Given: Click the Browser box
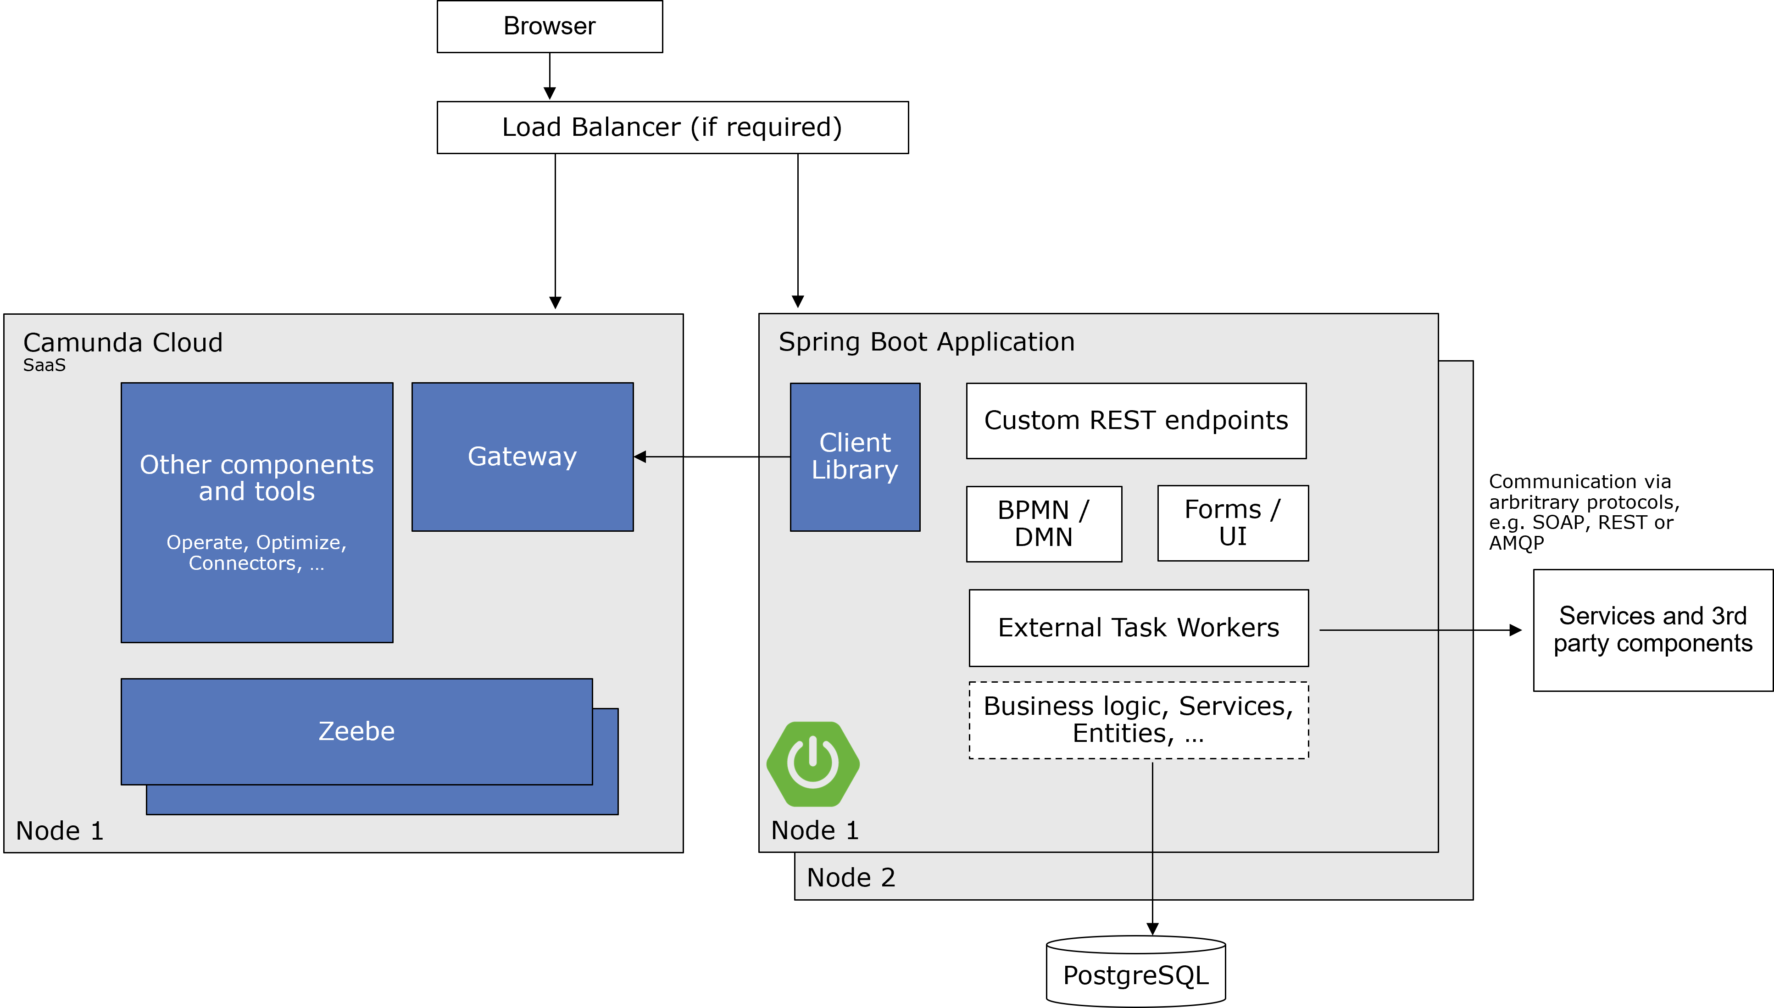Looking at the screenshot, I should point(550,26).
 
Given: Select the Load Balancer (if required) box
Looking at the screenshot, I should point(672,128).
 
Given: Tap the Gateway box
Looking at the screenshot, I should point(522,457).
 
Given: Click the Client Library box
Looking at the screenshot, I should point(855,457).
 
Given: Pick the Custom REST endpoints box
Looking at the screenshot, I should point(1136,421).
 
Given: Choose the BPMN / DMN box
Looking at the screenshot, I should point(1044,524).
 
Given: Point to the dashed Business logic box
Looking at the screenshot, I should point(1139,720).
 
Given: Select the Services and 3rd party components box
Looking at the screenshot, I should point(1653,630).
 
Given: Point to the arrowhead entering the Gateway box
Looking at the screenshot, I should point(640,457).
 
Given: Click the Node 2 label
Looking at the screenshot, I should point(851,878).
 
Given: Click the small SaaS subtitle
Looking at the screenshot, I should point(44,366).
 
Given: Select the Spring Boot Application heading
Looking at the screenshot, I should point(926,342).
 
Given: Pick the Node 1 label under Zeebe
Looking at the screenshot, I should point(60,831).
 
